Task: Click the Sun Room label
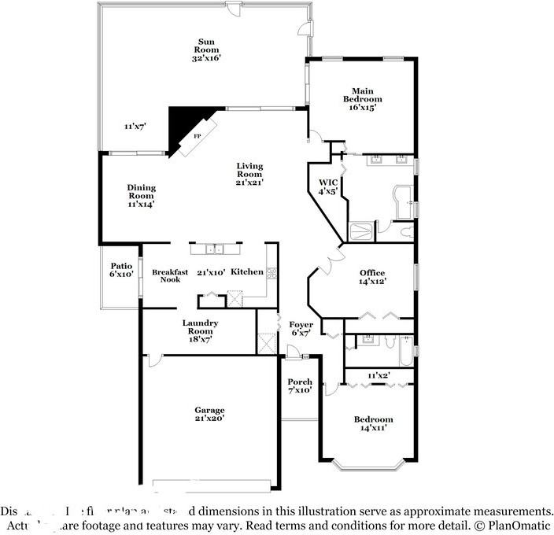click(x=207, y=50)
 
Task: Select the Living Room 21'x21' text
click(x=249, y=174)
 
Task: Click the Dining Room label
click(x=142, y=195)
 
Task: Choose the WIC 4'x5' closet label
click(x=327, y=186)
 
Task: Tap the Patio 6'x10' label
click(x=120, y=270)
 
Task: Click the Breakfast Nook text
click(x=170, y=275)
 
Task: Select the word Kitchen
click(x=246, y=271)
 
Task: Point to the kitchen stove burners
click(x=271, y=274)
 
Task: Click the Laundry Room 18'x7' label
click(x=200, y=327)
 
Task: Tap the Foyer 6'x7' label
click(x=301, y=328)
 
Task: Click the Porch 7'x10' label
click(x=300, y=386)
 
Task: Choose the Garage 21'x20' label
click(x=210, y=414)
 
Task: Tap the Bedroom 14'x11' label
click(x=376, y=423)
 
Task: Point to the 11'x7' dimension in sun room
click(x=135, y=126)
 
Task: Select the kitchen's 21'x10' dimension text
click(x=211, y=272)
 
